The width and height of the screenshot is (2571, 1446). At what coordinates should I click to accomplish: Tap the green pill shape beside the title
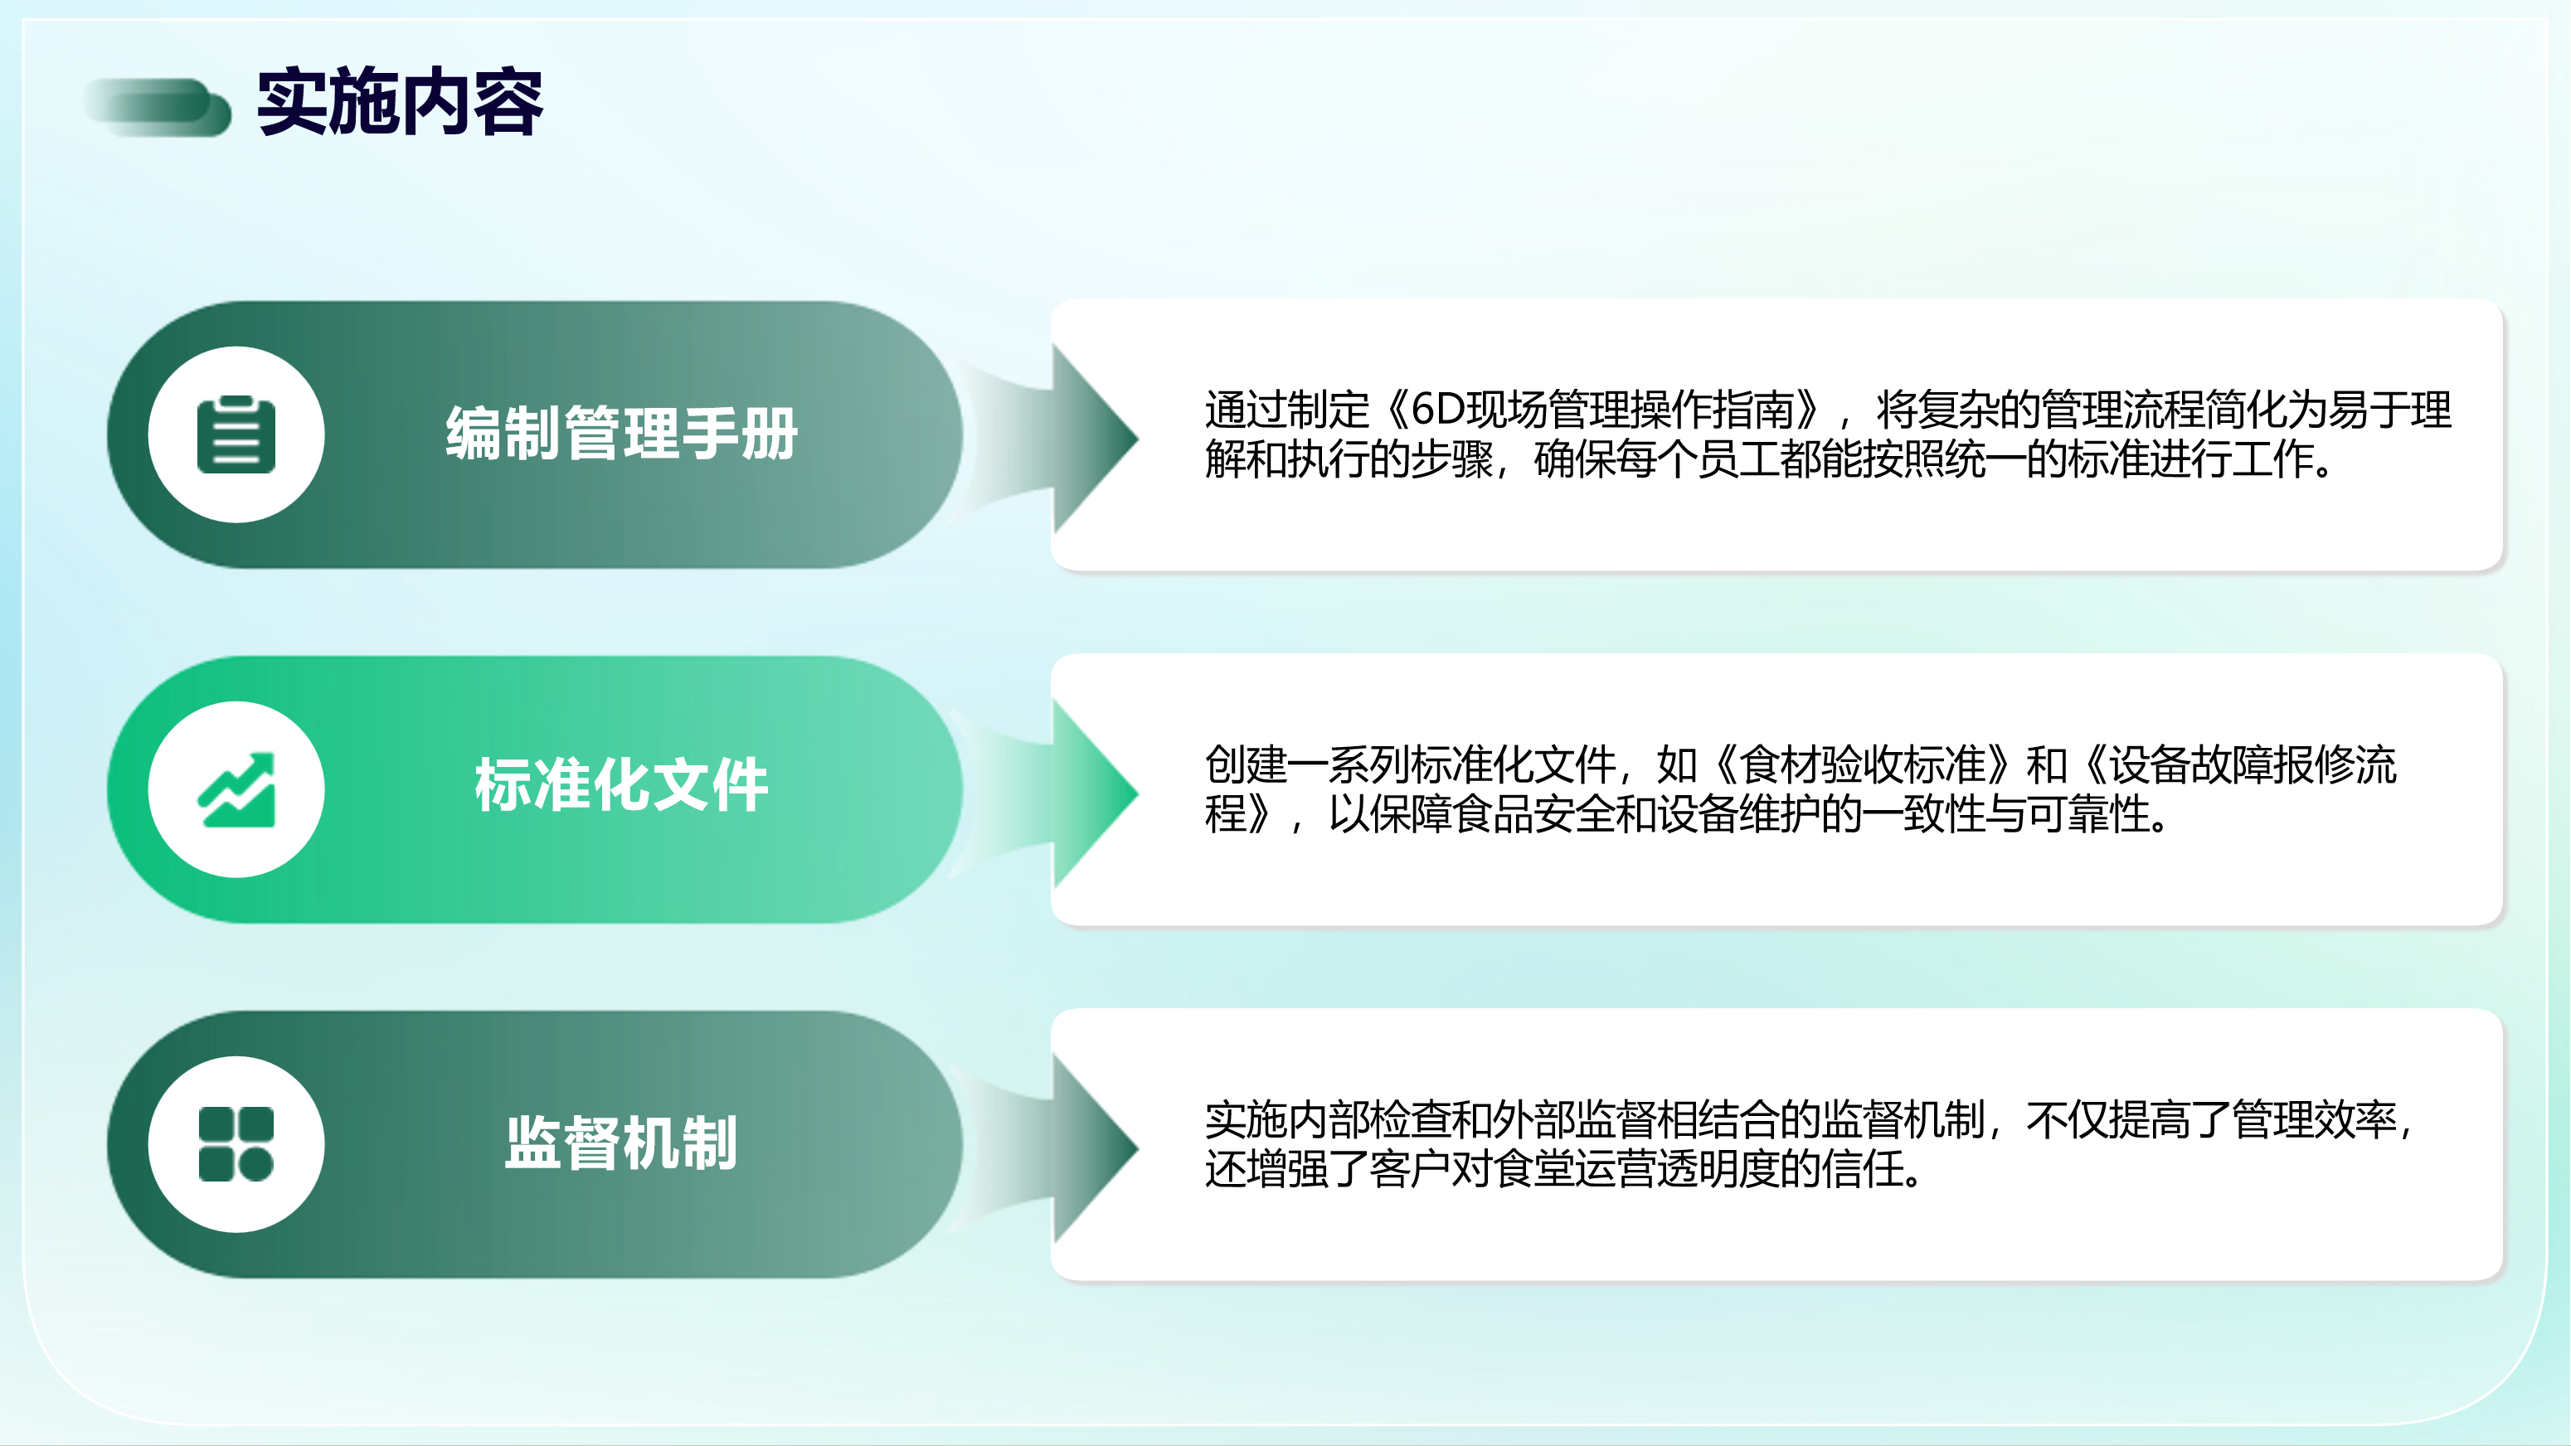click(158, 107)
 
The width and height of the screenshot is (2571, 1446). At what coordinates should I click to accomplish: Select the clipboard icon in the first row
click(236, 434)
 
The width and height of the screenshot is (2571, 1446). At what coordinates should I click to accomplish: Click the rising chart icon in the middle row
click(236, 789)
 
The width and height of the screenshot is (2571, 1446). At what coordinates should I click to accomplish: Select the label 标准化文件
click(622, 785)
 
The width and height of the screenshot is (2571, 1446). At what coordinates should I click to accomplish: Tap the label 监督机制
click(622, 1143)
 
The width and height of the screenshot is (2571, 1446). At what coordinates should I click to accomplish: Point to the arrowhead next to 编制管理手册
click(1096, 437)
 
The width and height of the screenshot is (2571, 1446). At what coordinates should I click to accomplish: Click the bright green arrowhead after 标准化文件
click(1096, 793)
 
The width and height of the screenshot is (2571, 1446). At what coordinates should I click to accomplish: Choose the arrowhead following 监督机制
click(1096, 1148)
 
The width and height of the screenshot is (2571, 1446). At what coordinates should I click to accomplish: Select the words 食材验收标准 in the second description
click(1864, 765)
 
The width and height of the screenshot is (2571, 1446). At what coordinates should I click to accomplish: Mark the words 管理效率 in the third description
click(2314, 1119)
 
